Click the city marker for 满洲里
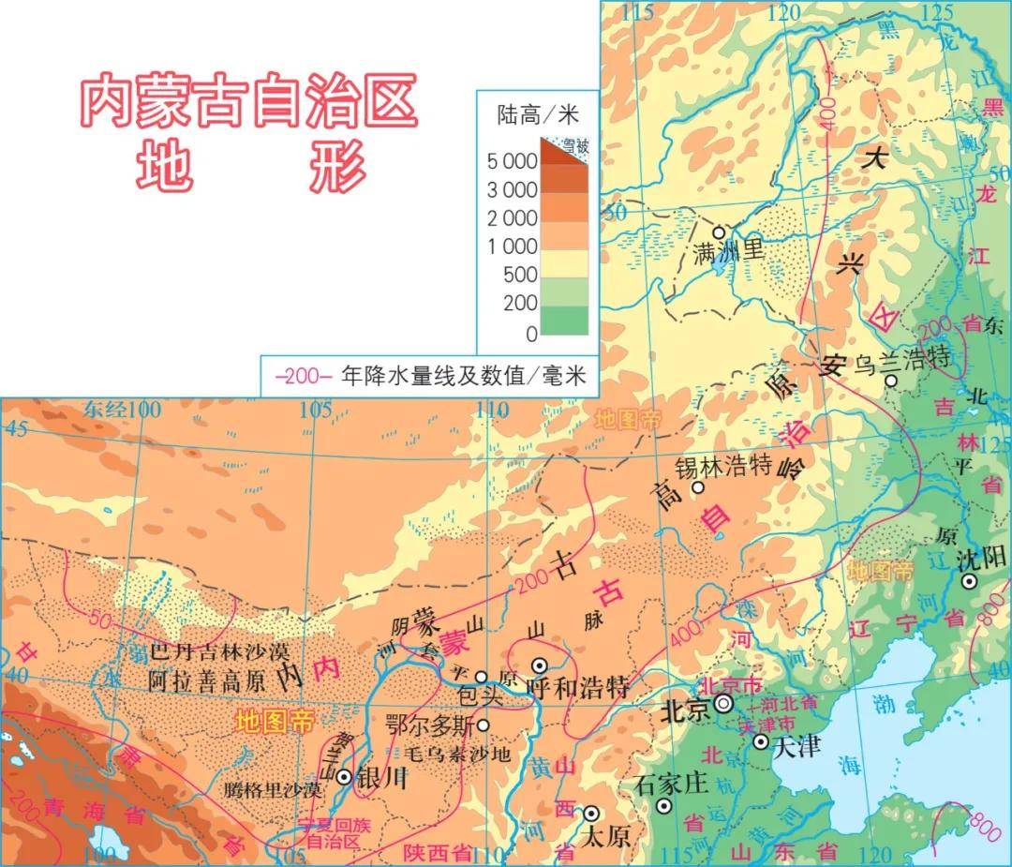tap(720, 232)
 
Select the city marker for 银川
tap(345, 776)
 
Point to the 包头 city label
tap(481, 696)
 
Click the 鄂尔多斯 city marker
tap(484, 725)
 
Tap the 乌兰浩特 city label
tap(900, 358)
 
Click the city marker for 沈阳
tap(970, 582)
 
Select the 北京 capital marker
tap(723, 703)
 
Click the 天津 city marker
tap(761, 741)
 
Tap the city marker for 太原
tap(591, 814)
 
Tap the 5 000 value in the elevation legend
tap(512, 161)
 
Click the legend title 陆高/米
tap(538, 115)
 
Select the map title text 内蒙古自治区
tap(247, 103)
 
